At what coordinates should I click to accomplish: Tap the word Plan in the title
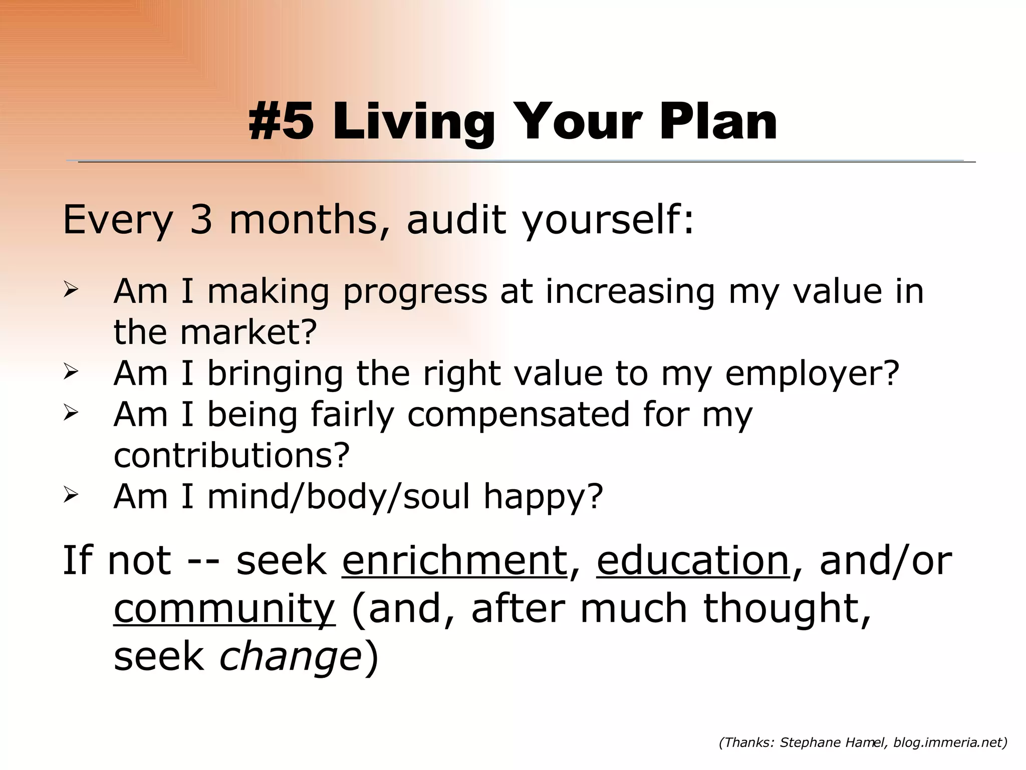(x=718, y=122)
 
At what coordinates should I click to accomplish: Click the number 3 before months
(x=201, y=220)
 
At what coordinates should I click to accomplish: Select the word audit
(x=456, y=220)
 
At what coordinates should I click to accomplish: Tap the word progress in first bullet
(x=415, y=292)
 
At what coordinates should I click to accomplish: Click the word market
(x=248, y=332)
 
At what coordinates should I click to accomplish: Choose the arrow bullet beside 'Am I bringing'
(x=71, y=372)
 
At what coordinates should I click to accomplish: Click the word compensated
(x=518, y=415)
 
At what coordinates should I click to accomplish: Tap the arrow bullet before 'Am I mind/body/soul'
(x=71, y=495)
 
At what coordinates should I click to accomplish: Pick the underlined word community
(x=224, y=609)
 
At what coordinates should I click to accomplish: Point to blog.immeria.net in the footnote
(x=947, y=743)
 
